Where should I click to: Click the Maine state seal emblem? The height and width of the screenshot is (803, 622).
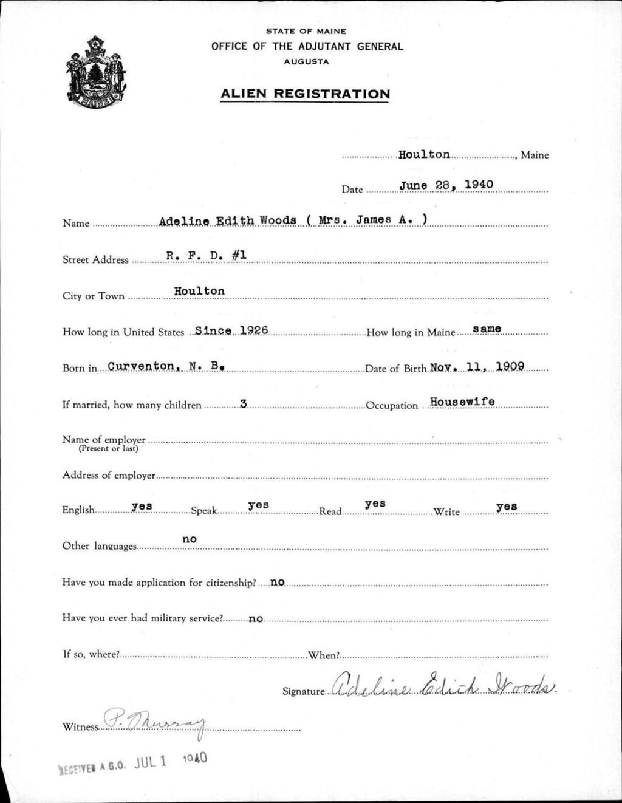click(x=96, y=73)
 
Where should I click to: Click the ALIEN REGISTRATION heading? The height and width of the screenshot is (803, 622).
click(x=305, y=94)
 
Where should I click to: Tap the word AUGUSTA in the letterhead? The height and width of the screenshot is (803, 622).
click(x=307, y=61)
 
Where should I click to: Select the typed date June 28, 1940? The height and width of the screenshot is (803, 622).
click(x=446, y=184)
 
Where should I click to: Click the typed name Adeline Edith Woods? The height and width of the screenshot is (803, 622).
click(x=227, y=220)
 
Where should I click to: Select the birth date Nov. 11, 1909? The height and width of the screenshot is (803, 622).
click(x=477, y=366)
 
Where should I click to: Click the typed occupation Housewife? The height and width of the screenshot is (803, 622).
click(x=462, y=402)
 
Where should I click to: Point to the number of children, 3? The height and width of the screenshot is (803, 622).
click(x=243, y=403)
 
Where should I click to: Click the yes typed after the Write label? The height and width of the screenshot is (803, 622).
click(x=507, y=506)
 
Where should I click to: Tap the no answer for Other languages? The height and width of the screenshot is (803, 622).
click(x=190, y=539)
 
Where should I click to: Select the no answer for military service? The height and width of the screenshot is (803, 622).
click(x=256, y=618)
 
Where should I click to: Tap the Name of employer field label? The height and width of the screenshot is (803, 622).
click(x=104, y=439)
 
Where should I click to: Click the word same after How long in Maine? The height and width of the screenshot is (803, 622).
click(x=487, y=329)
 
